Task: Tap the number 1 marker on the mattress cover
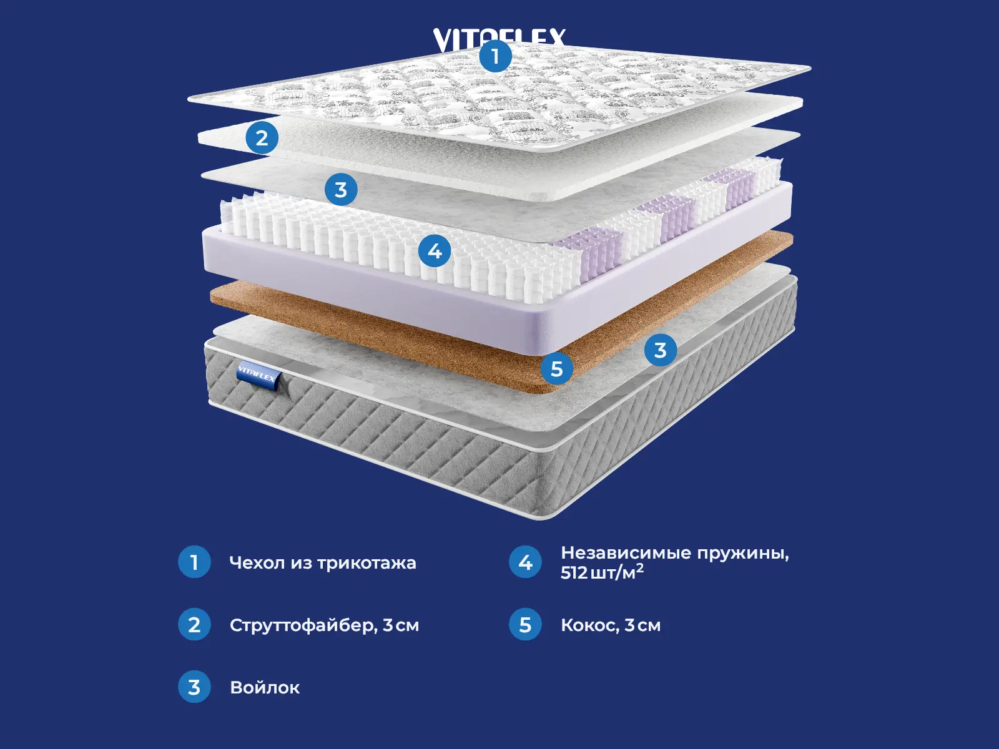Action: pyautogui.click(x=496, y=56)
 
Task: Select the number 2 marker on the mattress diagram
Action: pyautogui.click(x=262, y=138)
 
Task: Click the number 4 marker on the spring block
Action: pyautogui.click(x=435, y=251)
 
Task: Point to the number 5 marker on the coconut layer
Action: pyautogui.click(x=557, y=369)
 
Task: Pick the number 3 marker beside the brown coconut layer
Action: pyautogui.click(x=660, y=350)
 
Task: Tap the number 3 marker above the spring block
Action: pyautogui.click(x=341, y=189)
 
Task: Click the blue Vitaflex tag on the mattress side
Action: pyautogui.click(x=257, y=375)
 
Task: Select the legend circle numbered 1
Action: pyautogui.click(x=194, y=562)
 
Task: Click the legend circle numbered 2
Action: pyautogui.click(x=194, y=625)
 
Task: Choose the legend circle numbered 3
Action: pyautogui.click(x=194, y=687)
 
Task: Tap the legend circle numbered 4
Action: pyautogui.click(x=525, y=562)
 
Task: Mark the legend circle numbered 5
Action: pyautogui.click(x=525, y=625)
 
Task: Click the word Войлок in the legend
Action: pyautogui.click(x=265, y=688)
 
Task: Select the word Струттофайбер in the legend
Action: pyautogui.click(x=303, y=625)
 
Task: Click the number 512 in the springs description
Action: pyautogui.click(x=574, y=573)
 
